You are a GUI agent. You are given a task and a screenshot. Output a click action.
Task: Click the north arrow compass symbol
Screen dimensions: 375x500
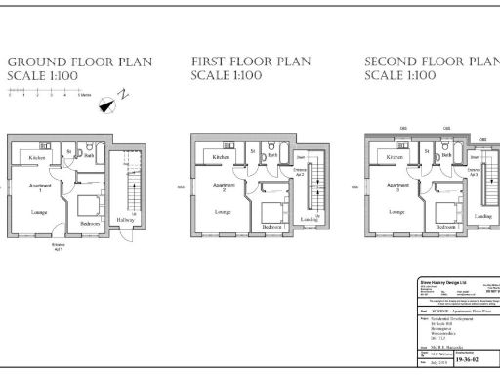tap(121, 97)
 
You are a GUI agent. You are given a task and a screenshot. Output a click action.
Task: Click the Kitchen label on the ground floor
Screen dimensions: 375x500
tap(37, 157)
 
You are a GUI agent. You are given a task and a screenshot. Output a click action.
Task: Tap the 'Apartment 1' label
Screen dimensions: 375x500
tap(40, 187)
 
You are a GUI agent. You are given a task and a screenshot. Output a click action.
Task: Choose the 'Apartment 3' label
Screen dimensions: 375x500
tap(397, 187)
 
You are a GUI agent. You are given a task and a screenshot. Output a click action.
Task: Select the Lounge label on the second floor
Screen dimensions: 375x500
tap(396, 211)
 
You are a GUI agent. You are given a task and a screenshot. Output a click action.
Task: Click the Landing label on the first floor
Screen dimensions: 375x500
tap(309, 220)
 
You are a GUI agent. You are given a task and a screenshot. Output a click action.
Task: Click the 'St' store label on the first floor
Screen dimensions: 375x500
tap(251, 152)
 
